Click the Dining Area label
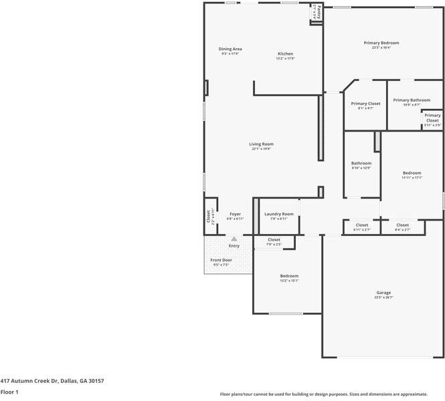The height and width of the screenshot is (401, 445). [x=230, y=49]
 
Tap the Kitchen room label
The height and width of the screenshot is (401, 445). [x=285, y=53]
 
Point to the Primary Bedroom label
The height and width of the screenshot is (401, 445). [x=381, y=43]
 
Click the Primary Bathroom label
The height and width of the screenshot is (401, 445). [x=412, y=100]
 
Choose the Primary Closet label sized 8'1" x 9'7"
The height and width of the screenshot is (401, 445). [x=365, y=104]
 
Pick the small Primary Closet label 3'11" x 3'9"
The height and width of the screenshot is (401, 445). [x=432, y=118]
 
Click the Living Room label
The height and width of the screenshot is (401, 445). [x=262, y=144]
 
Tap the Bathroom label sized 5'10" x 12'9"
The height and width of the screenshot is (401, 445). [x=361, y=163]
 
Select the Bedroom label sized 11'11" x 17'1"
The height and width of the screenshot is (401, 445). [x=412, y=172]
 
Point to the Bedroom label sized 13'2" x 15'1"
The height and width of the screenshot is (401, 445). [x=289, y=276]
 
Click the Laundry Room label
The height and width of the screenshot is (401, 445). [x=278, y=214]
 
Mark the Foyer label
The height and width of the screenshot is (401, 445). [x=235, y=214]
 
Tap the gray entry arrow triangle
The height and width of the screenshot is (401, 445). [x=234, y=239]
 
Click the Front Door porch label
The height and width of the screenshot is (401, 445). [x=221, y=260]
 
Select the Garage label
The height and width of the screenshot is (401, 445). [x=383, y=292]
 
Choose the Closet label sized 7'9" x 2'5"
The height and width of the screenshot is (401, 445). [x=274, y=239]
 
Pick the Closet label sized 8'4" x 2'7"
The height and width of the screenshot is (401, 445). [x=402, y=225]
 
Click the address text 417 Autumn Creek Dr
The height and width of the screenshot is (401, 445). [x=52, y=380]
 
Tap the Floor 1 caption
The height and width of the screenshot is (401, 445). [x=9, y=392]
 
